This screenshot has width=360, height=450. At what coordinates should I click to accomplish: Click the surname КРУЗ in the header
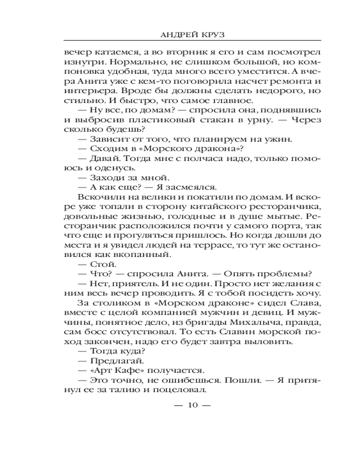217,33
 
